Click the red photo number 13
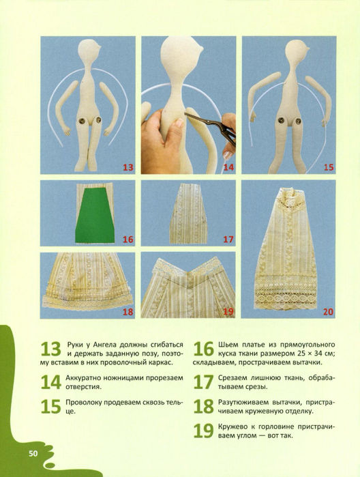pyautogui.click(x=128, y=167)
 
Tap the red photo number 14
pyautogui.click(x=228, y=167)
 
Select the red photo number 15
pyautogui.click(x=329, y=167)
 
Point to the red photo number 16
pyautogui.click(x=128, y=240)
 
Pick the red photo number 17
pyautogui.click(x=228, y=240)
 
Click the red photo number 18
pyautogui.click(x=128, y=312)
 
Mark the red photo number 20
pyautogui.click(x=329, y=312)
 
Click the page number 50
pyautogui.click(x=33, y=454)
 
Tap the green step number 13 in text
pyautogui.click(x=50, y=349)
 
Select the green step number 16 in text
pyautogui.click(x=204, y=349)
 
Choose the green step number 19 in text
pyautogui.click(x=204, y=431)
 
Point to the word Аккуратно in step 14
pyautogui.click(x=84, y=378)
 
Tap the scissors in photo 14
pyautogui.click(x=212, y=126)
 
